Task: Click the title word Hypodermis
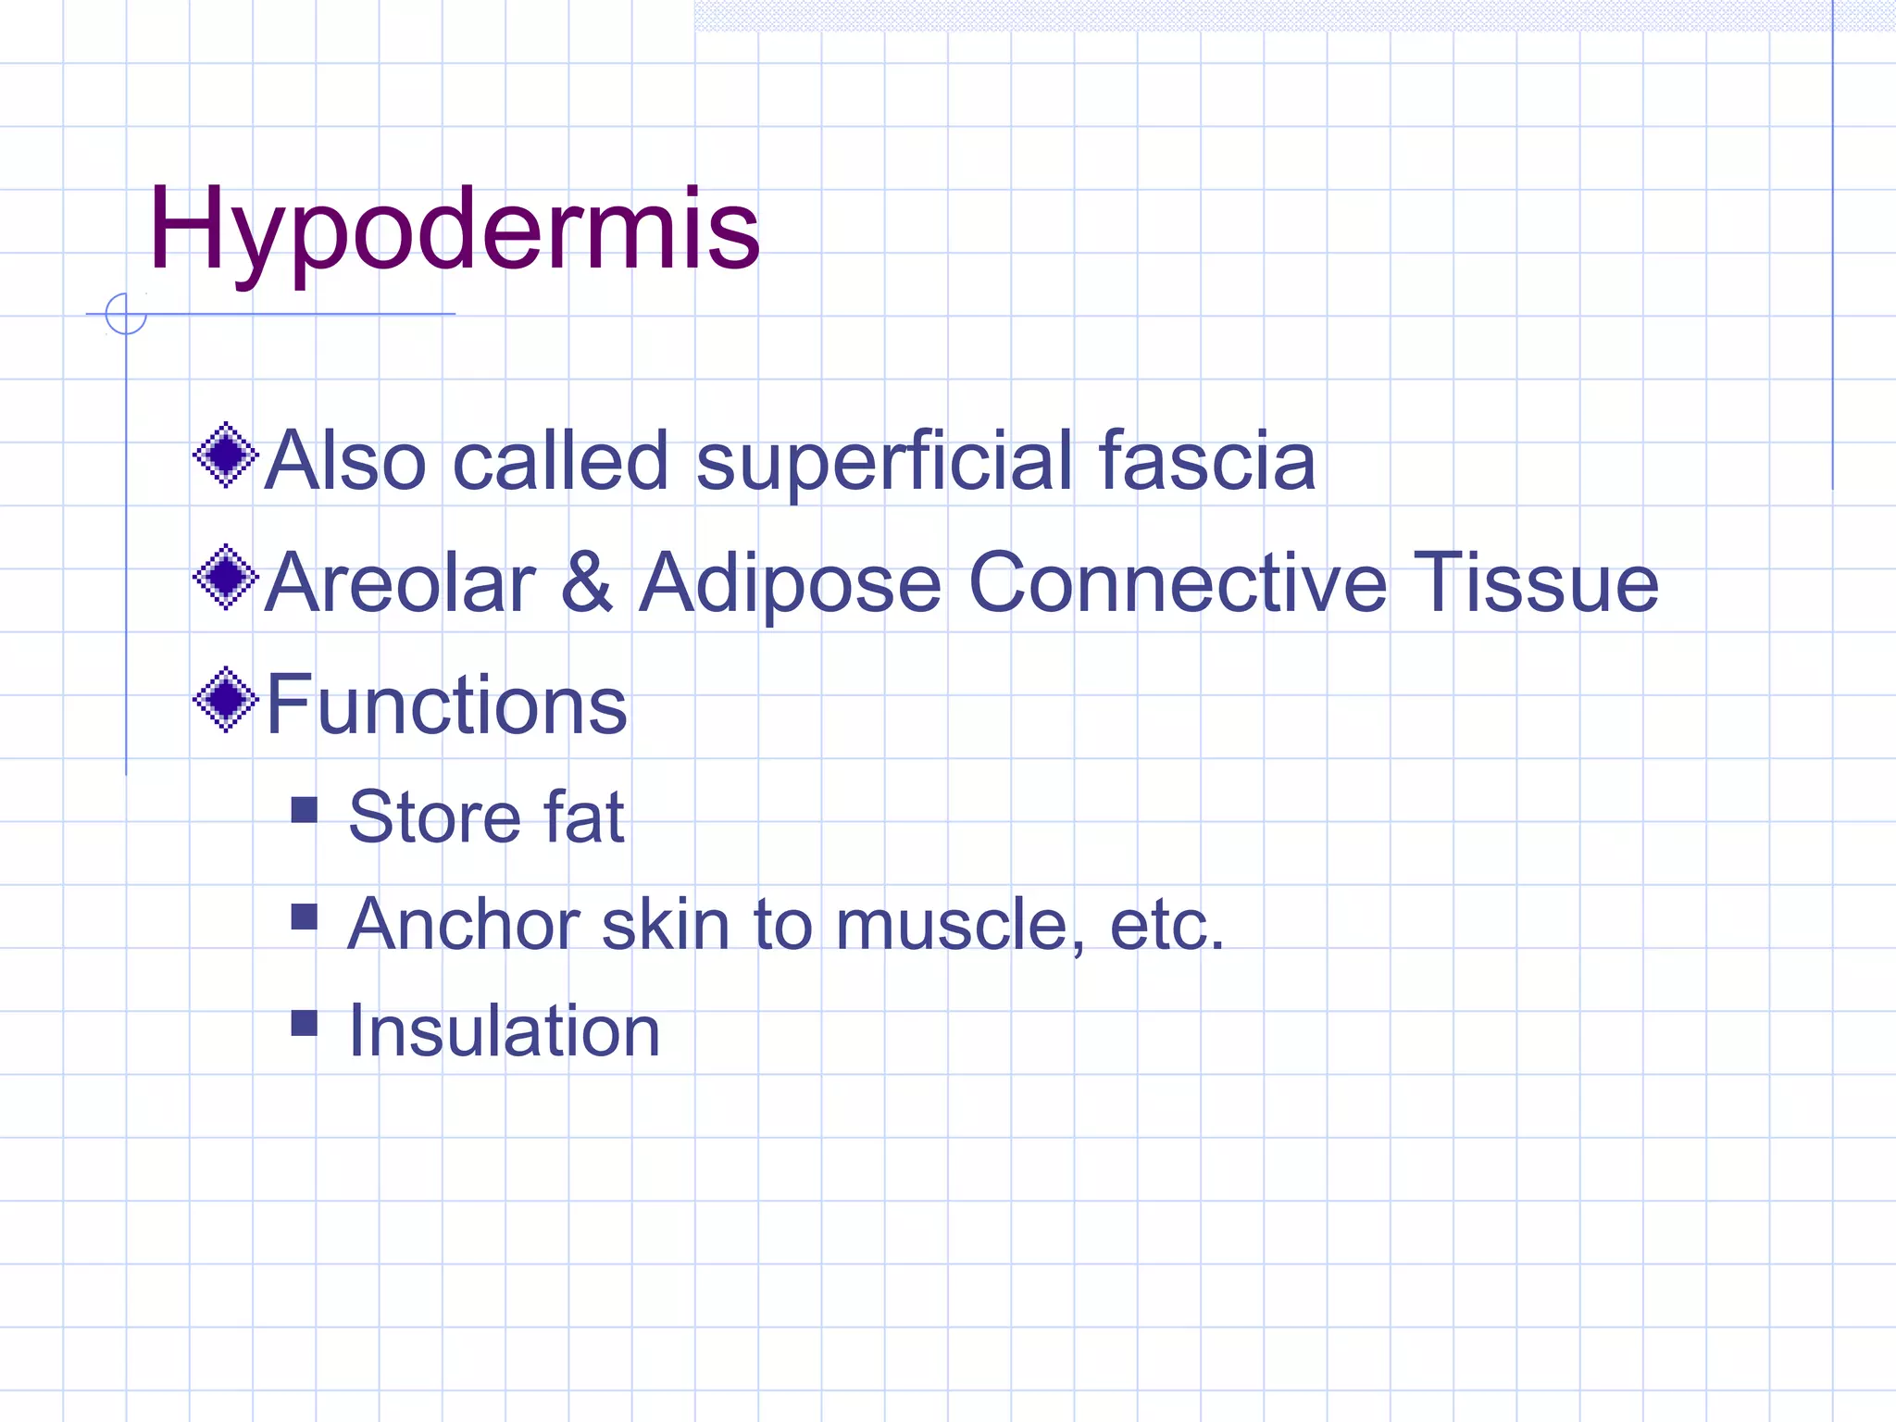(x=454, y=230)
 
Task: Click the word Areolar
(x=400, y=583)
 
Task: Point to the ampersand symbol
(x=587, y=583)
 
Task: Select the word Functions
(x=446, y=705)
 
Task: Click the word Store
(x=433, y=817)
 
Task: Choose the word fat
(x=584, y=817)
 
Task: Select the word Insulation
(x=504, y=1030)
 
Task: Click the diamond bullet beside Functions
(x=225, y=700)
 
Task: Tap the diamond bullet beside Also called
(x=225, y=455)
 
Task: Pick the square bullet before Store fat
(x=304, y=810)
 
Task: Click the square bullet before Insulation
(x=304, y=1023)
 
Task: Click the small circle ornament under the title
(x=126, y=314)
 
